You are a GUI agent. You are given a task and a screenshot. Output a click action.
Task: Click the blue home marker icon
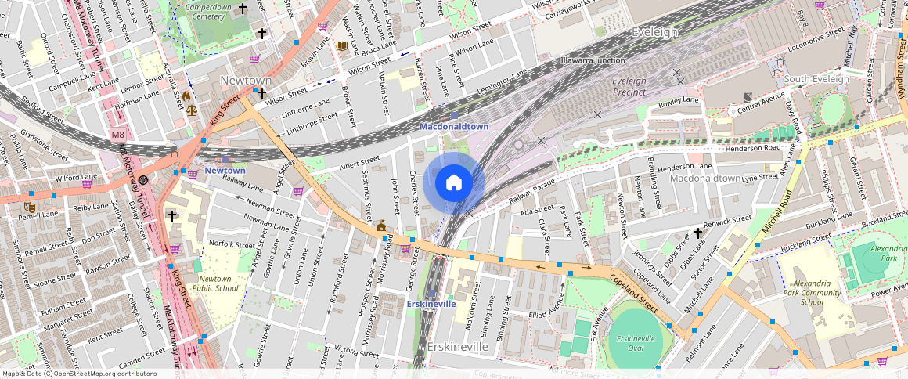[454, 182]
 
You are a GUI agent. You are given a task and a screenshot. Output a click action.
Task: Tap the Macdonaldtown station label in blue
[454, 126]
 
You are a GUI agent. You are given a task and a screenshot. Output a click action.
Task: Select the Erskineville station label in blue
[431, 304]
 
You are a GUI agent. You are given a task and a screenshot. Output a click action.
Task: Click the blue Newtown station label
[225, 170]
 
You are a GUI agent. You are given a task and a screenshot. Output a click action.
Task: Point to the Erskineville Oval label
[635, 342]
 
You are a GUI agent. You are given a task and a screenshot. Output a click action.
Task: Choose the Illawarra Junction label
[593, 60]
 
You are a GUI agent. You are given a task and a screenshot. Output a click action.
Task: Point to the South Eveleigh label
[816, 79]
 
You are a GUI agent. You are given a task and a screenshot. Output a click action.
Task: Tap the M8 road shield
[117, 135]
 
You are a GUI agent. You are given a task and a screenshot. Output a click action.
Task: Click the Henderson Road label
[753, 147]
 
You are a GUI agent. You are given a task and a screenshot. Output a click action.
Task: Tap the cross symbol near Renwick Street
[697, 233]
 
